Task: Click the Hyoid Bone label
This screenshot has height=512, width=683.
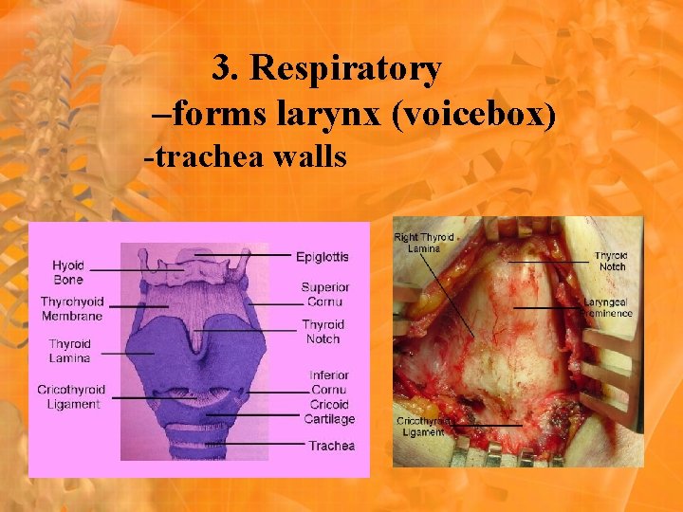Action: tap(68, 273)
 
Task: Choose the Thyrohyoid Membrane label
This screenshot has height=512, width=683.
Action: tap(71, 308)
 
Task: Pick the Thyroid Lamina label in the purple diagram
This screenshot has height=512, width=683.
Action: tap(70, 351)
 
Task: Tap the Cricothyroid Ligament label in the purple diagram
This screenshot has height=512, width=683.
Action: tap(71, 396)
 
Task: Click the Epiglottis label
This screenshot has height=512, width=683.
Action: tap(323, 256)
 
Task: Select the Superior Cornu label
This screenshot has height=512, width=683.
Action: tap(325, 294)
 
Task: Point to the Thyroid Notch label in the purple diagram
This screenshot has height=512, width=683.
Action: tap(323, 332)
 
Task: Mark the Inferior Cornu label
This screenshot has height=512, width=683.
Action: tap(328, 382)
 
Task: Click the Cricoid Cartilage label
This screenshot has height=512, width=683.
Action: tap(329, 411)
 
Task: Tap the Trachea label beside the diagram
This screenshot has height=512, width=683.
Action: tap(332, 446)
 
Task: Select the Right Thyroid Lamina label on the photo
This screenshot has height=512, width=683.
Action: tap(424, 242)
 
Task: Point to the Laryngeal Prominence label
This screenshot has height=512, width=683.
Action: tap(608, 307)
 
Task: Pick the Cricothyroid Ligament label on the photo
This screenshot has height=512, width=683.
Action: tap(422, 426)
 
